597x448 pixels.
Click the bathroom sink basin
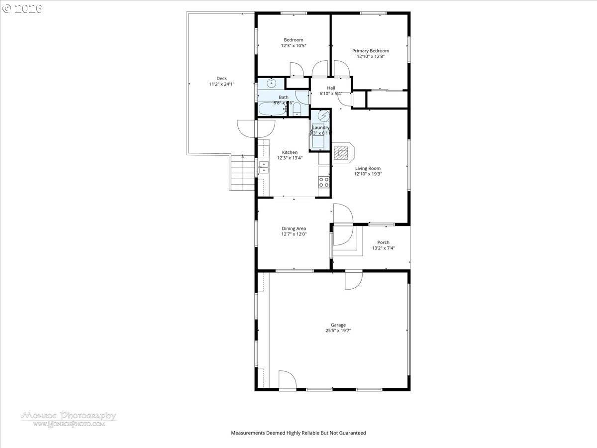tap(271, 83)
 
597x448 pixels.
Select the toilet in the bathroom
tap(297, 109)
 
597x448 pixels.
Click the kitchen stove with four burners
tap(324, 182)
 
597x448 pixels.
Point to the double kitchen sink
tap(263, 167)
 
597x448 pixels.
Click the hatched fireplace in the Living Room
tap(342, 153)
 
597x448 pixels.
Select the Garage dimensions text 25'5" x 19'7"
tap(338, 331)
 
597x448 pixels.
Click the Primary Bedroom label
tap(371, 51)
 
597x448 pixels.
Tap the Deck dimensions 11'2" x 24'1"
tap(221, 85)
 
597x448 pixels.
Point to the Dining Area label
tap(294, 228)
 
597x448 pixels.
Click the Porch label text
tap(383, 242)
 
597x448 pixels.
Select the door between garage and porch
tap(354, 279)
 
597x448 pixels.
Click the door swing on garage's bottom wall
tap(287, 380)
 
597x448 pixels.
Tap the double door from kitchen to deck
tap(256, 128)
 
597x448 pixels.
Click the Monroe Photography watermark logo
tap(69, 418)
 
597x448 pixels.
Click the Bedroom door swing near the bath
tap(296, 70)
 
